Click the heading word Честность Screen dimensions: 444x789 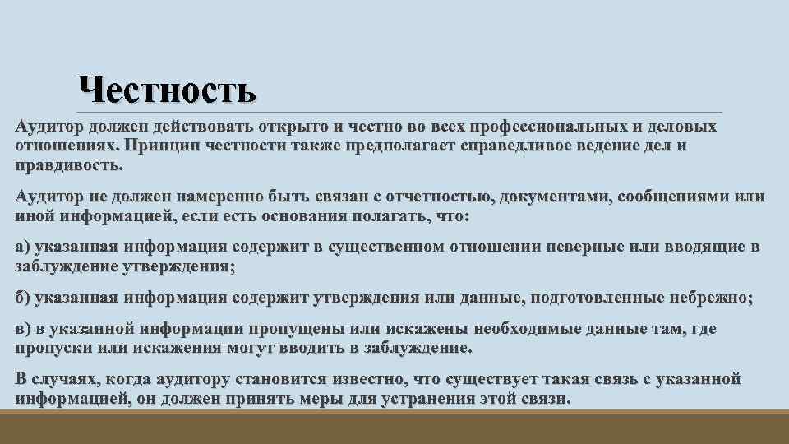167,90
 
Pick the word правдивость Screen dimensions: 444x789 69,164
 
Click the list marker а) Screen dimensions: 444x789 24,247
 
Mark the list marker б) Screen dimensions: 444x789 25,298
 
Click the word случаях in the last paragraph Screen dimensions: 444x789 66,379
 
